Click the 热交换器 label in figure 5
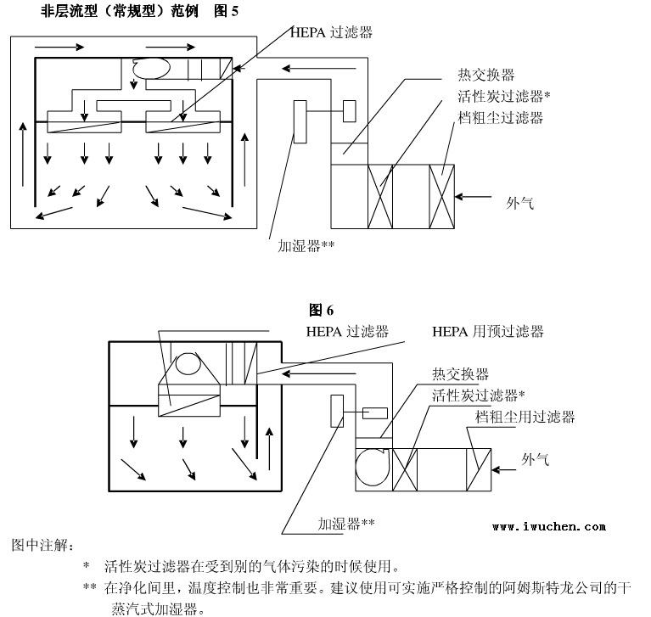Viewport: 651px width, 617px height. click(485, 76)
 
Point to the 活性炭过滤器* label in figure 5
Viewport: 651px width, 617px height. click(504, 97)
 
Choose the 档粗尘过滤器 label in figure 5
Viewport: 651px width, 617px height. click(500, 117)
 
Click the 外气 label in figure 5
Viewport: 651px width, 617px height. click(520, 203)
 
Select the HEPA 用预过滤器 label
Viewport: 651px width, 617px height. click(487, 331)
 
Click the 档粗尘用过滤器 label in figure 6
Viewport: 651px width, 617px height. click(525, 417)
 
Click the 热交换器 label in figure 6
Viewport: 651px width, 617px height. click(459, 374)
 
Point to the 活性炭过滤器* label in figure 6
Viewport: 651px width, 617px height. click(478, 395)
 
